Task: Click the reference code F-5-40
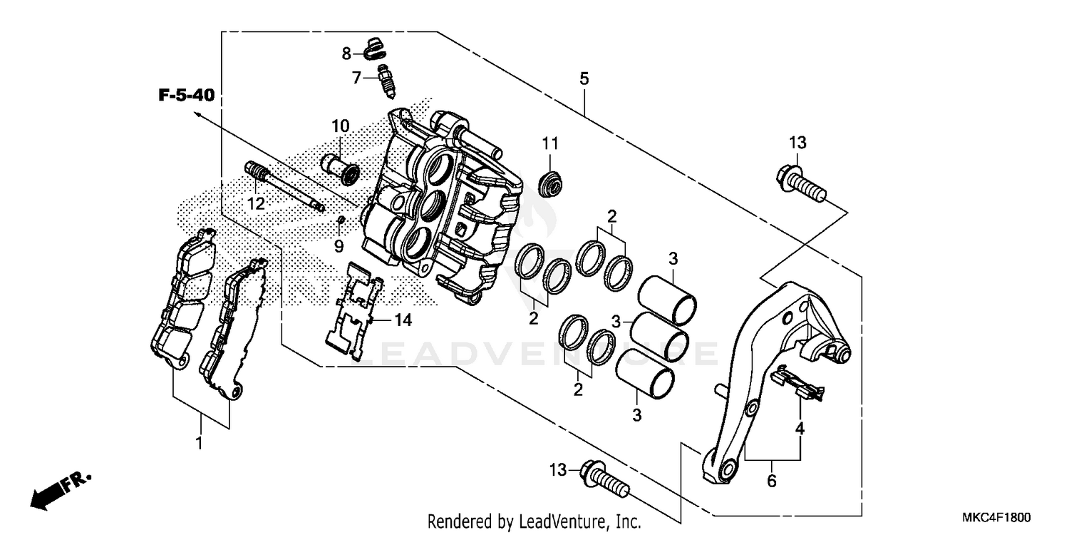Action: click(186, 95)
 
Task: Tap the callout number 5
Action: click(584, 79)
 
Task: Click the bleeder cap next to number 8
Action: click(373, 49)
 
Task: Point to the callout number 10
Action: click(340, 127)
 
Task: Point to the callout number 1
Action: click(200, 444)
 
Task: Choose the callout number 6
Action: click(771, 481)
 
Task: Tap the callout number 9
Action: click(339, 245)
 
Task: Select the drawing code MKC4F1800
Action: click(1002, 518)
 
